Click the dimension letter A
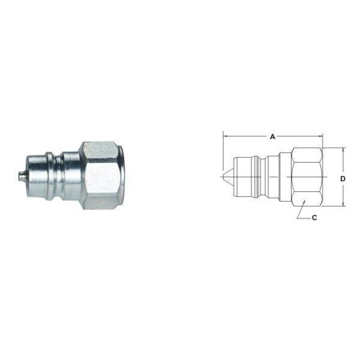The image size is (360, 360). click(x=272, y=137)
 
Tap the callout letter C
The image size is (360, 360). click(x=314, y=218)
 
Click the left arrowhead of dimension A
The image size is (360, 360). click(x=226, y=137)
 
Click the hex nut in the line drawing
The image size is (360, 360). click(x=306, y=178)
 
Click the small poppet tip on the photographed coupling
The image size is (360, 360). click(x=20, y=176)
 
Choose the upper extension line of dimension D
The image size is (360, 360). click(x=336, y=148)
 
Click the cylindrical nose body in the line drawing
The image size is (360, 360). click(x=243, y=178)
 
